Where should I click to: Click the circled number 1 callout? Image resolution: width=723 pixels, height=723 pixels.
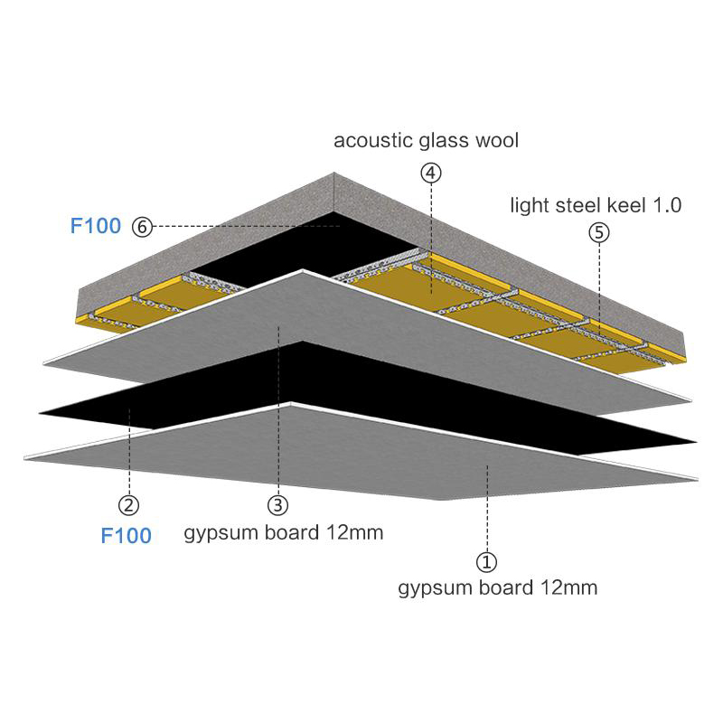[486, 562]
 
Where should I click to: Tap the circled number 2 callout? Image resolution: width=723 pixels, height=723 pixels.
[128, 505]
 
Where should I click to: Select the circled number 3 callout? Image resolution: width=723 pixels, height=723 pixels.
[278, 505]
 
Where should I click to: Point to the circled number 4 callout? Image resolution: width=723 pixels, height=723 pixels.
[431, 173]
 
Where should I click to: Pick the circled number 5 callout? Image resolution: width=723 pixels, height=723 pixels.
[599, 233]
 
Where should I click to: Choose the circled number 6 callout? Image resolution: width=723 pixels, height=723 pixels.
[142, 227]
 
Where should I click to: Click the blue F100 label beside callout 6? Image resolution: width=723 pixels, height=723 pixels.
[96, 225]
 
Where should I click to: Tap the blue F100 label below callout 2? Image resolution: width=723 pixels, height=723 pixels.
[126, 535]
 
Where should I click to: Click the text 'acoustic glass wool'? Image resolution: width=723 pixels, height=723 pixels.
[426, 141]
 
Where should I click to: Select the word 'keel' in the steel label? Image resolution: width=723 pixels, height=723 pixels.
[623, 205]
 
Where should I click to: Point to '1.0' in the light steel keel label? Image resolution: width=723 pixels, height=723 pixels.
[666, 206]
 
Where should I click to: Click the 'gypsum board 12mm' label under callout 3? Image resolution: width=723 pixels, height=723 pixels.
[284, 533]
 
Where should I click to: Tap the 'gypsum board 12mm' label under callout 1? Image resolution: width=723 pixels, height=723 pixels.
[498, 588]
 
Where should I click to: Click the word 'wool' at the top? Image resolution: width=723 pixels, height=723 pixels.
[497, 141]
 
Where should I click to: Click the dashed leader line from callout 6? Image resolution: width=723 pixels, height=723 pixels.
[246, 227]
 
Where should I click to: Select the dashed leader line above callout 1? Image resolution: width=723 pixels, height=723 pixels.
[487, 509]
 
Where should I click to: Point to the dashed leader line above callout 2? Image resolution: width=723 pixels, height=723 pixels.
[129, 451]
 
